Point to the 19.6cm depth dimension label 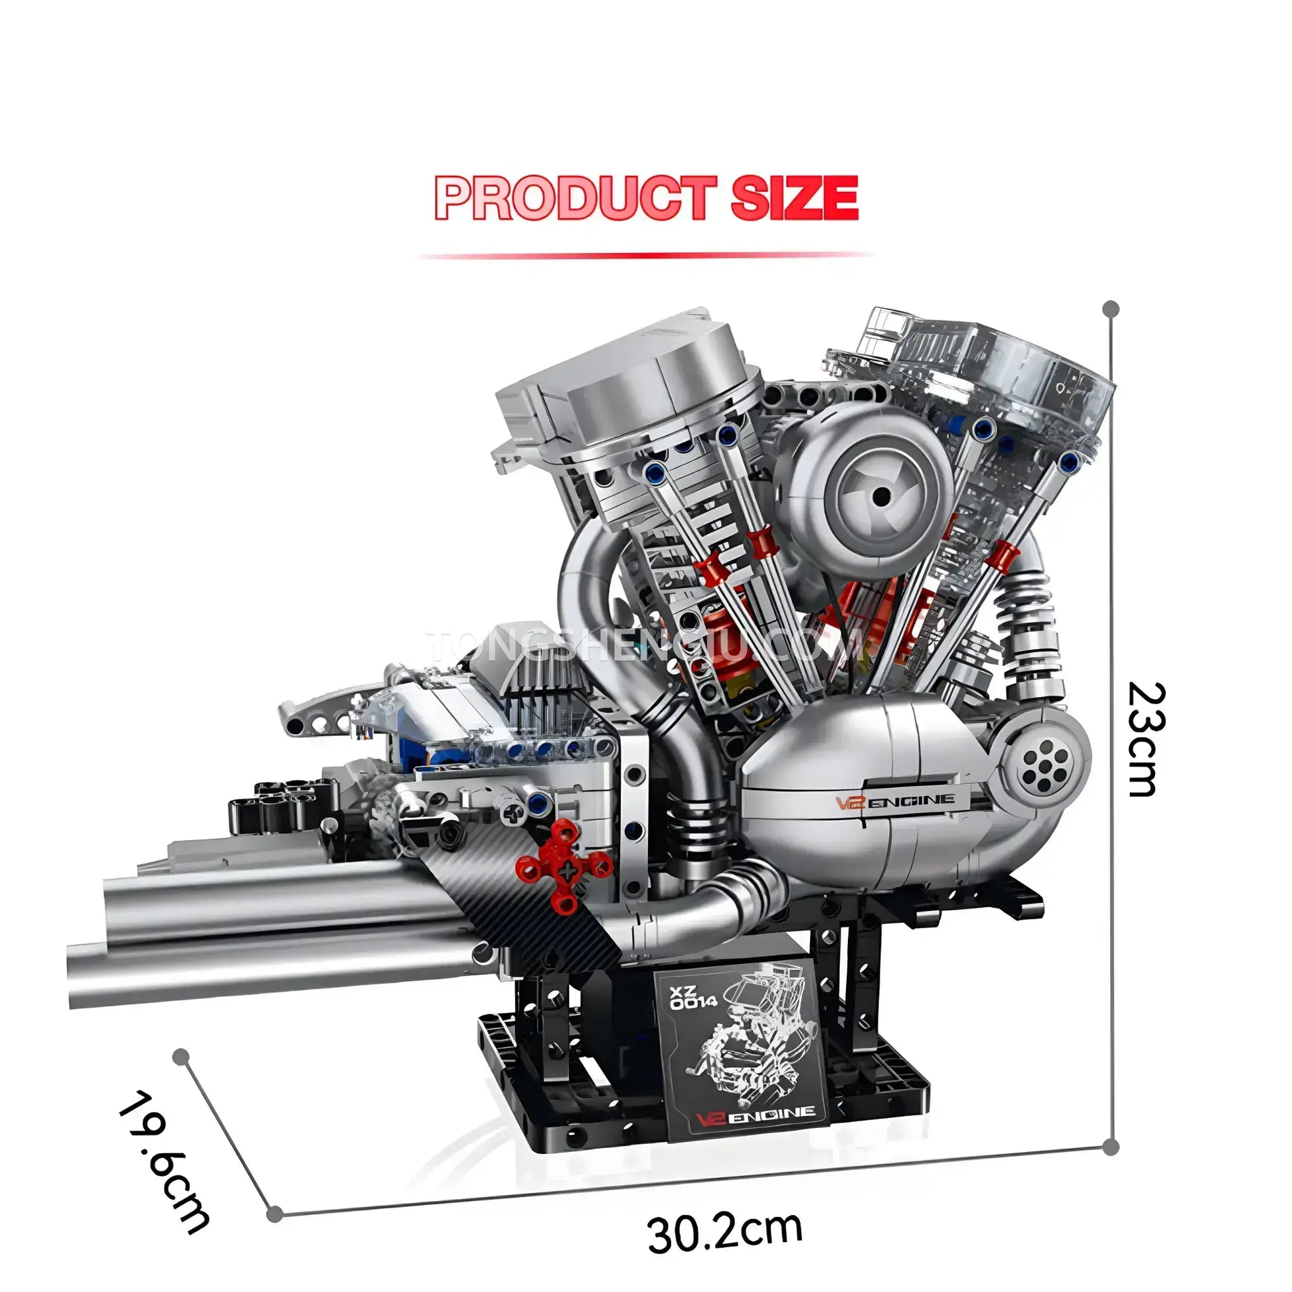point(164,1163)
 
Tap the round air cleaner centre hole point(882,495)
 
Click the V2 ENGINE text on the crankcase point(896,802)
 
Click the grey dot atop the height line point(1111,309)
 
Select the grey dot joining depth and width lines point(274,1214)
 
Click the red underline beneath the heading point(645,256)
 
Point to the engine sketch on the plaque point(742,1043)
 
